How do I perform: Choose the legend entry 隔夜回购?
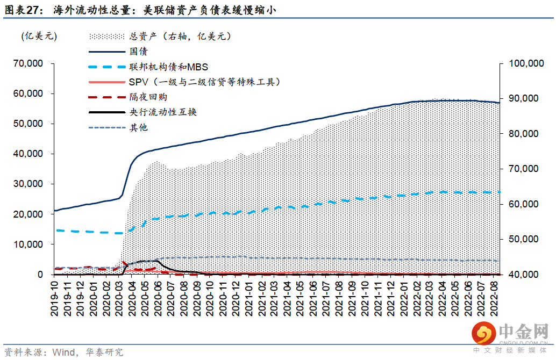pos(148,97)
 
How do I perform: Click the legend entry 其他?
pos(138,127)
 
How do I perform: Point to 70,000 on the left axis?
pos(28,63)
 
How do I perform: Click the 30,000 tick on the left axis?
pos(28,184)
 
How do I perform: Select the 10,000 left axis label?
pos(28,244)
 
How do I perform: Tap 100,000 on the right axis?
pos(526,63)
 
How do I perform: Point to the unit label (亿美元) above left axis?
pos(39,37)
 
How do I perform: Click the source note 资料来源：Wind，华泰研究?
pos(63,352)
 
